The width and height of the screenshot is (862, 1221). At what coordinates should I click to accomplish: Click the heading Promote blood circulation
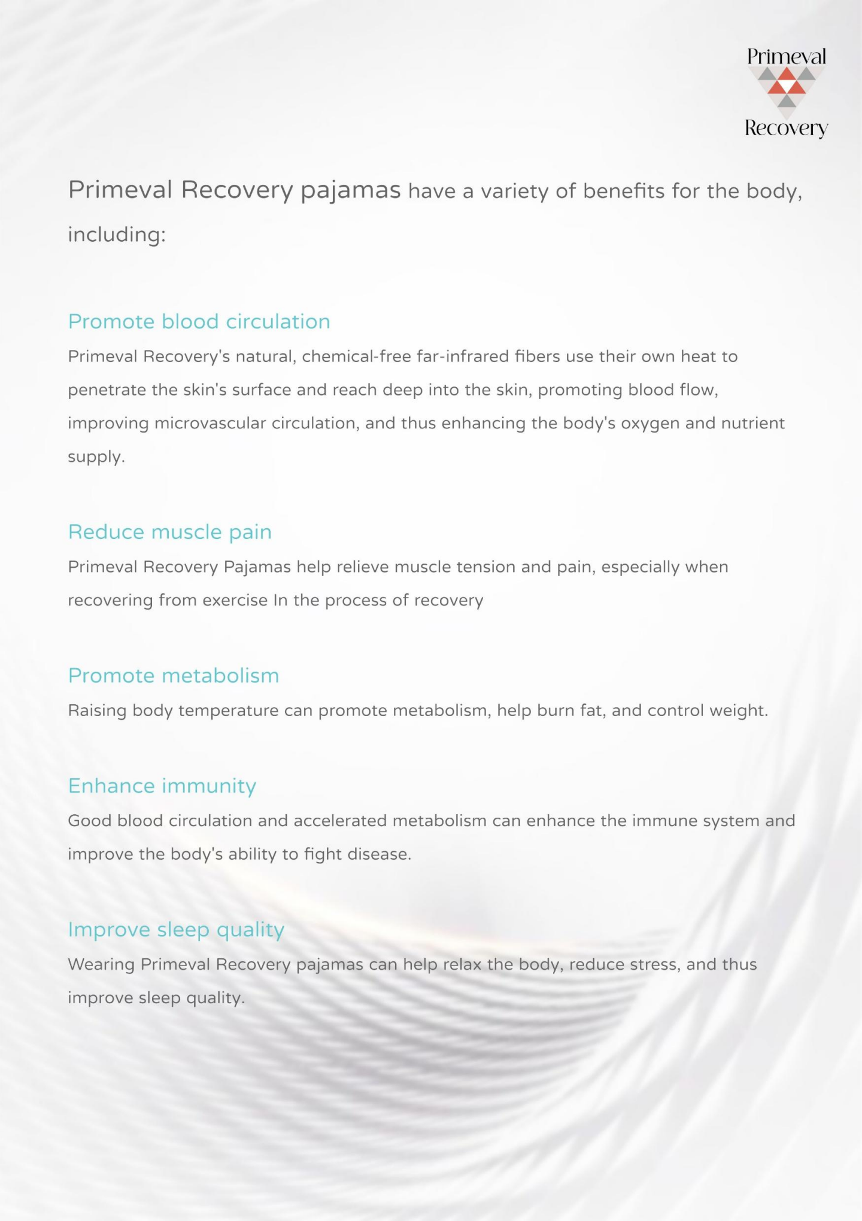(199, 322)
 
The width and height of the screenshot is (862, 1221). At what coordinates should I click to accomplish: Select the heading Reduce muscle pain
(170, 532)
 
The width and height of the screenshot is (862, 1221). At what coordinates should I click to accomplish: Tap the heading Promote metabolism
(174, 676)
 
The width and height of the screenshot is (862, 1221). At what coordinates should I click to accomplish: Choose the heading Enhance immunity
(162, 786)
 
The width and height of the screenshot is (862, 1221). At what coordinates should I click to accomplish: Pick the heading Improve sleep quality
(176, 930)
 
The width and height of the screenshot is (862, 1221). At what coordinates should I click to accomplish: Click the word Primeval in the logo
(786, 57)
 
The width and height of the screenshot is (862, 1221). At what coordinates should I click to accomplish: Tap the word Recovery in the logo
(786, 128)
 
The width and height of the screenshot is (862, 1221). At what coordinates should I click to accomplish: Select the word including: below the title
(117, 235)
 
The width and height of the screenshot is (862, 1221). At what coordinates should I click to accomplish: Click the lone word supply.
(96, 458)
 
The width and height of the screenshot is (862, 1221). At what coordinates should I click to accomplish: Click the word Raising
(97, 711)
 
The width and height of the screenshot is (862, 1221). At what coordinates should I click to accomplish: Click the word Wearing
(101, 964)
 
